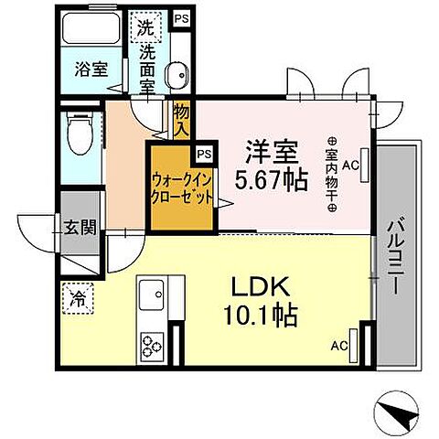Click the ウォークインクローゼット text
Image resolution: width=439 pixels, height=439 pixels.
[183, 188]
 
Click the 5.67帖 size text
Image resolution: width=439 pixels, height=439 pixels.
[269, 181]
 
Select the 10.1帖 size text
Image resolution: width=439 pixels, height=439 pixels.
[262, 316]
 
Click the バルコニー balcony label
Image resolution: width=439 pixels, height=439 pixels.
[398, 252]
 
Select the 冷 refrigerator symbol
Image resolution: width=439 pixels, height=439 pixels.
[78, 296]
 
